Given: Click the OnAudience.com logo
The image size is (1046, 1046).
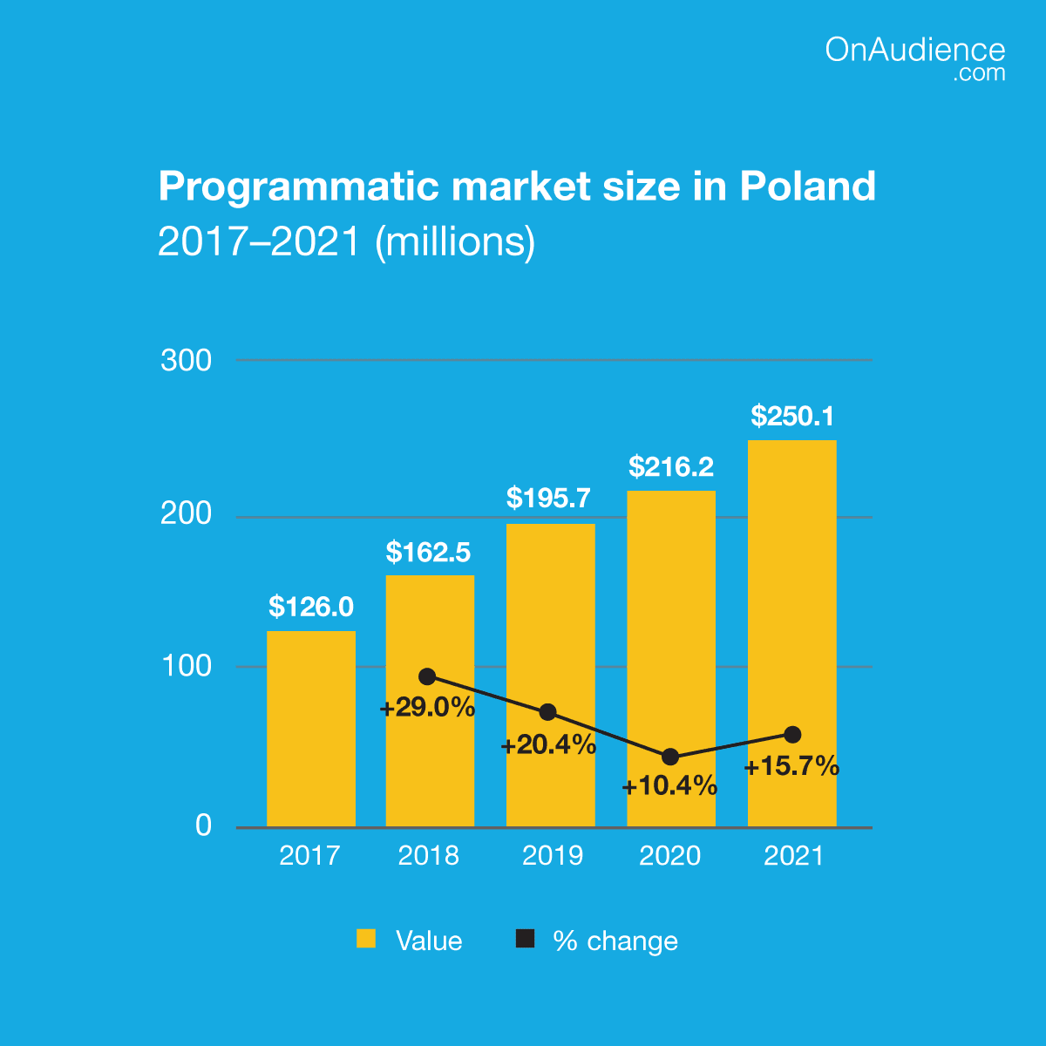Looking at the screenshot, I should click(914, 58).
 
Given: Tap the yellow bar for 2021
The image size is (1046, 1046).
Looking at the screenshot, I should click(791, 610).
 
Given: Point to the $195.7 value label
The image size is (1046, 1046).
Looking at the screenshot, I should click(549, 499).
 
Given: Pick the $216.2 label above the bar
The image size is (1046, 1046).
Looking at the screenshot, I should click(671, 467).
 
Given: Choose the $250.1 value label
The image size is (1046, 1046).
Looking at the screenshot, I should click(792, 417).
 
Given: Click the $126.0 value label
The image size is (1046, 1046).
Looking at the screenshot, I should click(310, 607).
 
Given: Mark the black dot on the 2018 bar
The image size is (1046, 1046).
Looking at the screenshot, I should click(427, 676).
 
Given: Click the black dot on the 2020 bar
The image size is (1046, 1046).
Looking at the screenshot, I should click(669, 757).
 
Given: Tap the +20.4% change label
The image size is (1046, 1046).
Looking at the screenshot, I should click(548, 745).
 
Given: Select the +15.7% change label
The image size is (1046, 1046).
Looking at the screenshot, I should click(791, 767).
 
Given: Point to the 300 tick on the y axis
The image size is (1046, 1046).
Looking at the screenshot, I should click(187, 360).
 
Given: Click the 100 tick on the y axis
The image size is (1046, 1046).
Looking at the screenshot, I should click(187, 667).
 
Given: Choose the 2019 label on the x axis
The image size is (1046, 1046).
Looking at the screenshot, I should click(552, 855).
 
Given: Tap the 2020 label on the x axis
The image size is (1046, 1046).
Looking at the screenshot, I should click(669, 855).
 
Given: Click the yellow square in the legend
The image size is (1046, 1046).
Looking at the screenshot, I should click(366, 939).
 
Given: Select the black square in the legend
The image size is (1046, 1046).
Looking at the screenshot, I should click(525, 939).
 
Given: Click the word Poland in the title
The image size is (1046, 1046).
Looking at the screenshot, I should click(808, 187).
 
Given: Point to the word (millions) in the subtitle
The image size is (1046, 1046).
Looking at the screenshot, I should click(454, 241).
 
